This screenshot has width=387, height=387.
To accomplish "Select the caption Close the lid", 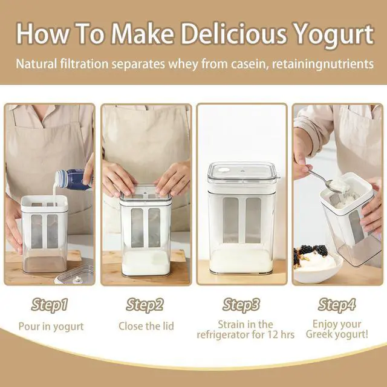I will (146, 327).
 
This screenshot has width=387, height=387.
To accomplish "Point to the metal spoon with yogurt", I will (327, 180).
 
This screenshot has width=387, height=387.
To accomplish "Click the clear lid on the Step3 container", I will (242, 172).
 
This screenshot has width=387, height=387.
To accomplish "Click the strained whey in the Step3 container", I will (242, 259).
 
